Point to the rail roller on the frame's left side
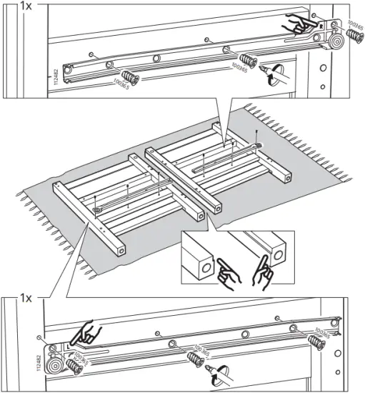pos(96,211)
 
